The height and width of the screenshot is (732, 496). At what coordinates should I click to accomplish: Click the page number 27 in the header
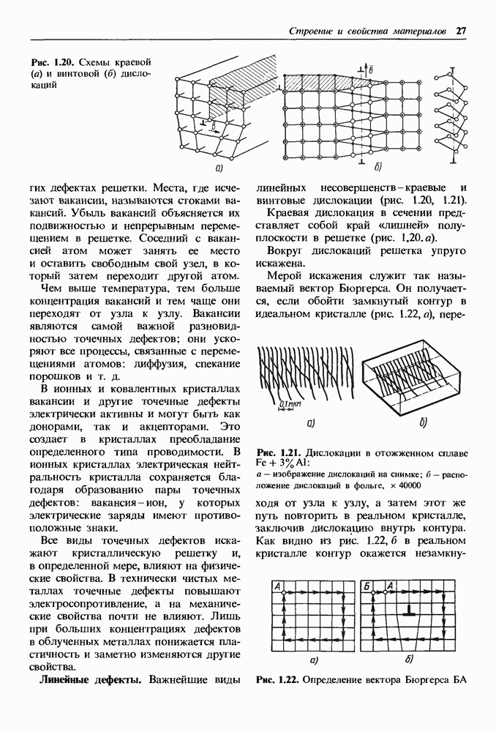click(461, 31)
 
